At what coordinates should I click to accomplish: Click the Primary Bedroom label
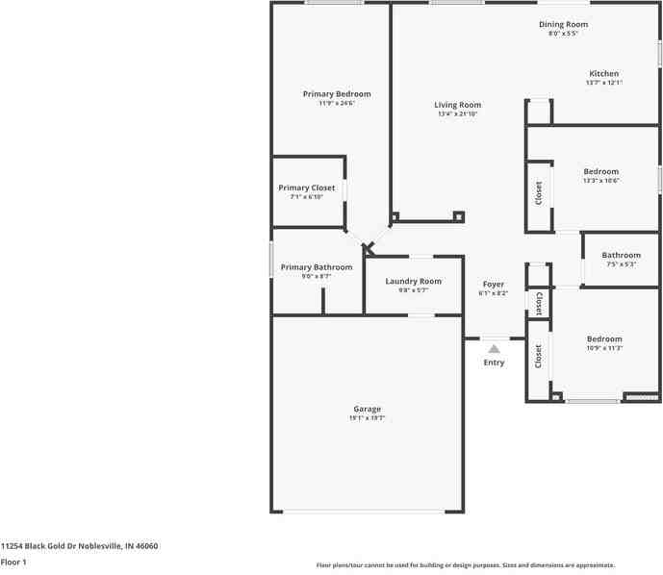tap(337, 94)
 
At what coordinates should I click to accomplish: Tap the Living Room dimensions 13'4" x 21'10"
tap(457, 114)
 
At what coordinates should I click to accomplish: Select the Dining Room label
tap(563, 24)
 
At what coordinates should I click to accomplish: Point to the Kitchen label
tap(604, 73)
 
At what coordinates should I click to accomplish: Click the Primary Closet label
tap(307, 187)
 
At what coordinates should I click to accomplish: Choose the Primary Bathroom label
tap(317, 266)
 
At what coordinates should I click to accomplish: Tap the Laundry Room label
tap(414, 281)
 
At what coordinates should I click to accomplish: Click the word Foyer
tap(494, 284)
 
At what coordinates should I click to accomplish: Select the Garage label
tap(367, 409)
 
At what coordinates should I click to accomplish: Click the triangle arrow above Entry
tap(494, 349)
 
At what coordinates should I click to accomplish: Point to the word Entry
tap(494, 362)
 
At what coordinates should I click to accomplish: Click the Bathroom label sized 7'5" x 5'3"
tap(622, 255)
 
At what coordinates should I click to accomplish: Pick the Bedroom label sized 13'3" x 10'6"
tap(601, 171)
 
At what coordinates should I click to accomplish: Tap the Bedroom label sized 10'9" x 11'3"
tap(604, 338)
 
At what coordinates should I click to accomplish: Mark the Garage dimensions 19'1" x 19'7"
tap(367, 418)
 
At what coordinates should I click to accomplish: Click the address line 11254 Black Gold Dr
tap(80, 545)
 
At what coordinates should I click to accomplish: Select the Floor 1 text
tap(13, 562)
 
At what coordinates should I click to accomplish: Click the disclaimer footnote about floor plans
tap(466, 565)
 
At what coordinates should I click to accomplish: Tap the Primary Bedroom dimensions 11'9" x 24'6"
tap(337, 104)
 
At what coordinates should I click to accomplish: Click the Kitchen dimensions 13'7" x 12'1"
tap(604, 83)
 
